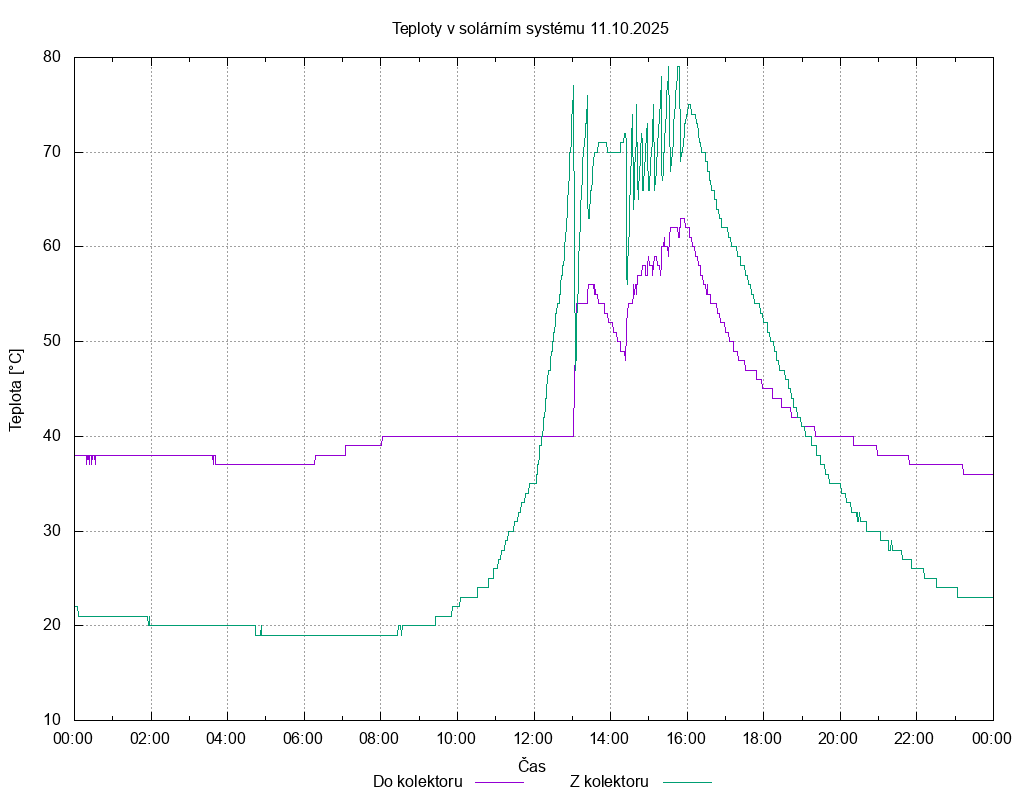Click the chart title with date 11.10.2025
pos(530,28)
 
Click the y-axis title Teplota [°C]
pos(16,390)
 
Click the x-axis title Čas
pos(532,766)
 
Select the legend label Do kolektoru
pos(417,781)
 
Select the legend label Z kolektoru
pos(610,781)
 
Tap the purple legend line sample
pos(499,782)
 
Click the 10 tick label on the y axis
pos(53,720)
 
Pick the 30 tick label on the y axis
pos(53,531)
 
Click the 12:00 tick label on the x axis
pos(534,738)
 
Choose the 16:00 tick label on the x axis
pos(687,738)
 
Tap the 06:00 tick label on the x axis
pos(304,738)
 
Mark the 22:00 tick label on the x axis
pos(916,738)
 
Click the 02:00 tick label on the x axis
pos(151,738)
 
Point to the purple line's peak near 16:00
pos(683,218)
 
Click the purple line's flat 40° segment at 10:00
pos(457,436)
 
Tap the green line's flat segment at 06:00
pos(304,635)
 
